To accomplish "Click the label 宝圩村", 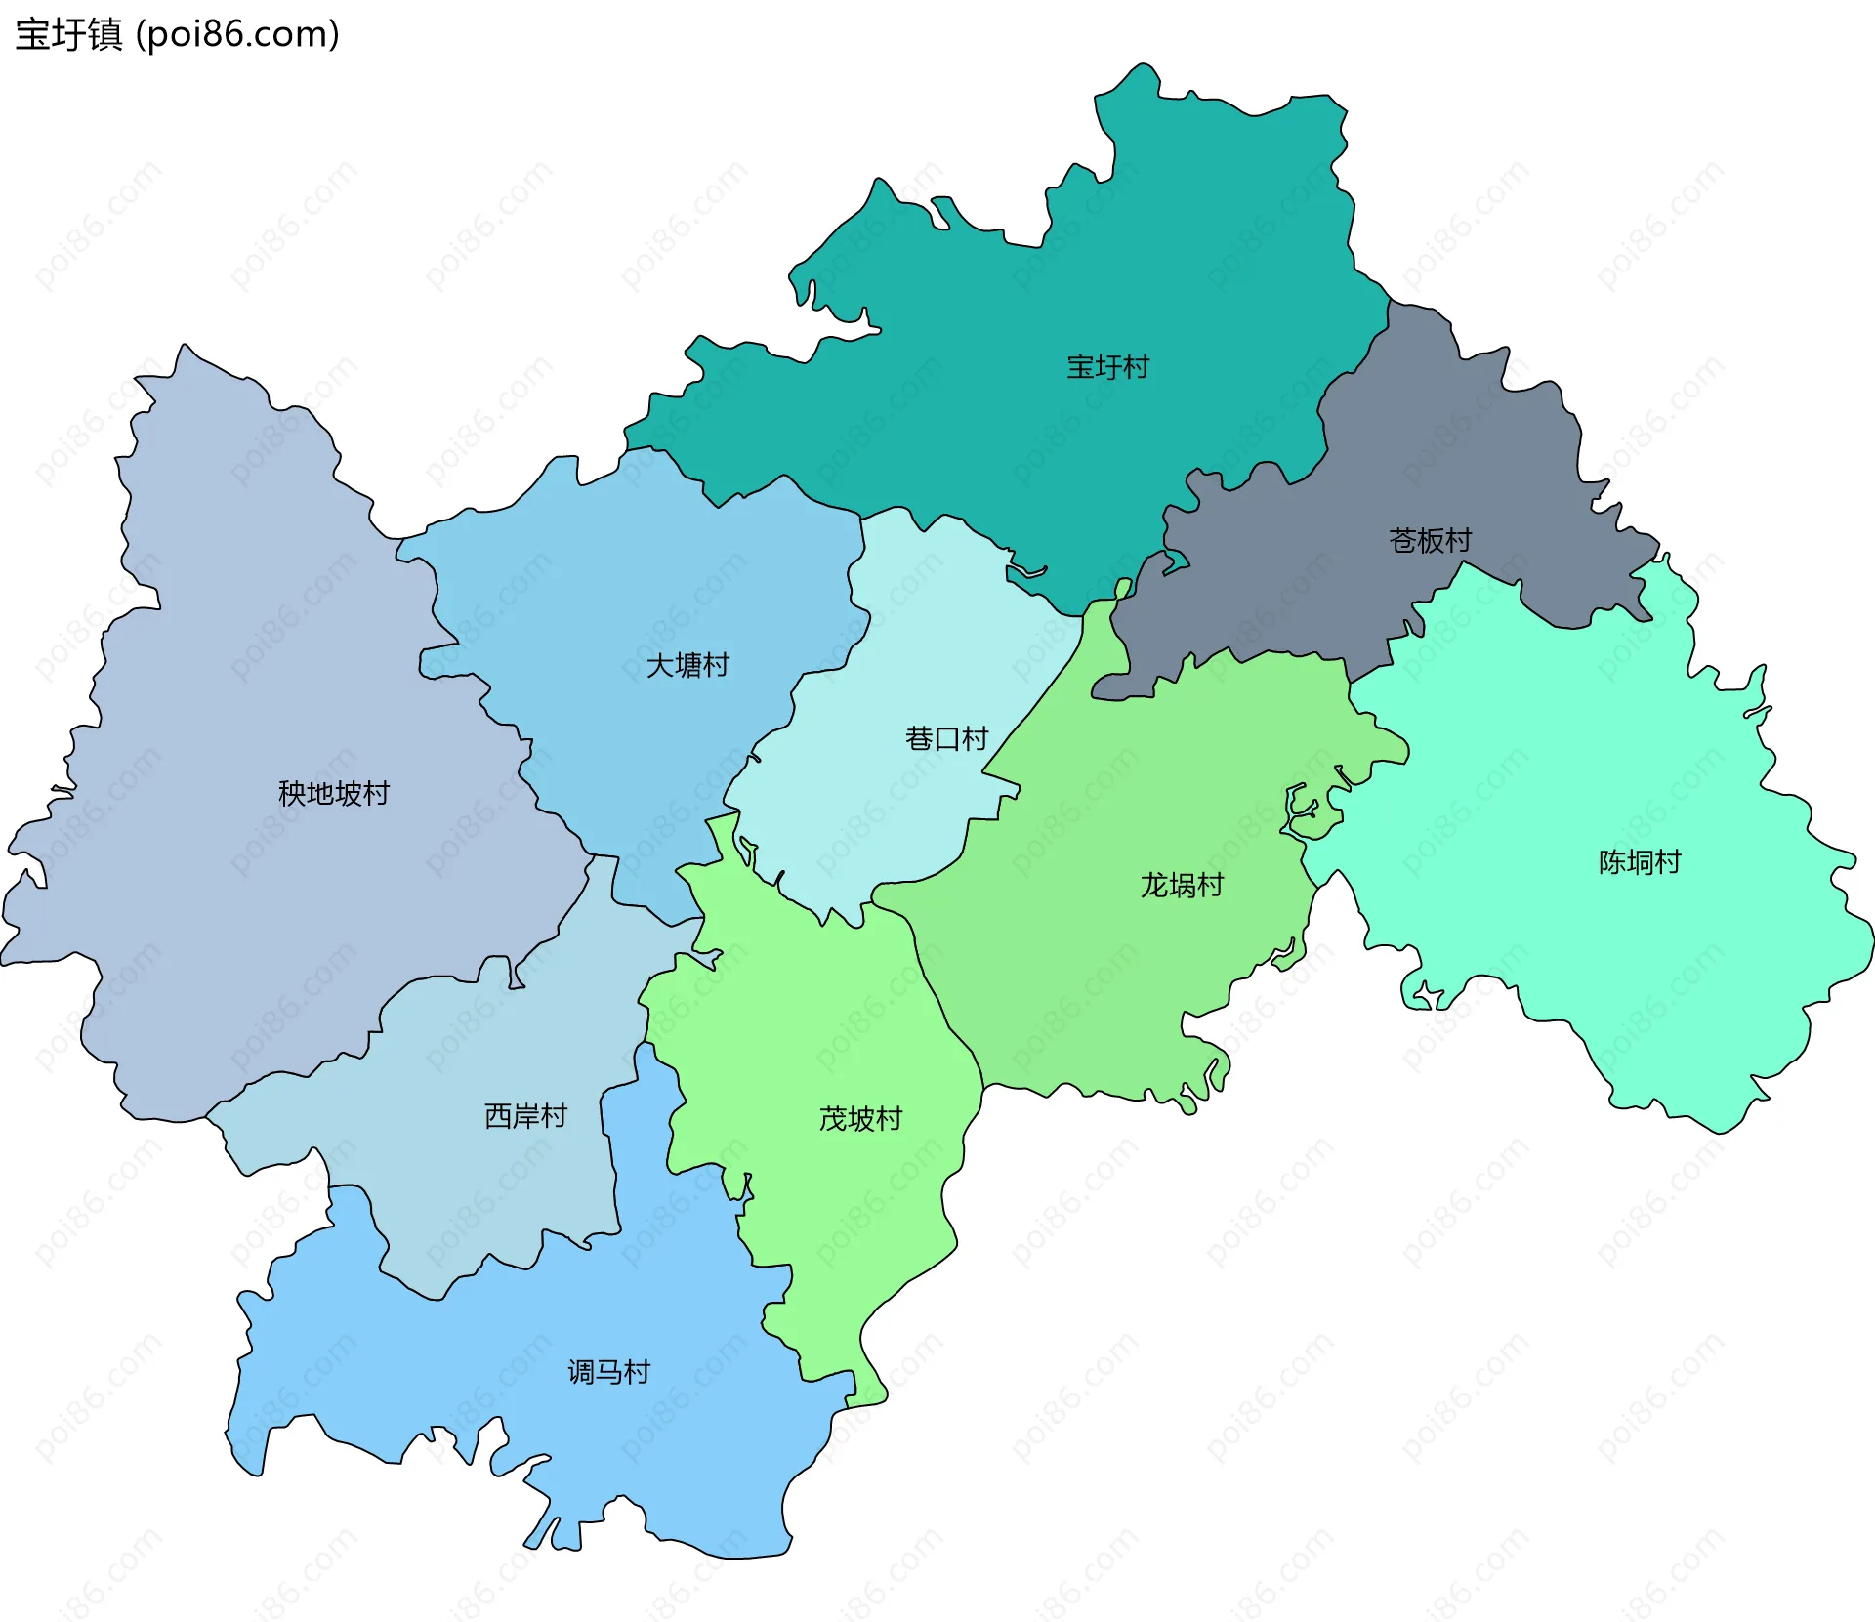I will pyautogui.click(x=1107, y=367).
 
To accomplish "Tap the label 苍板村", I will pyautogui.click(x=1430, y=540).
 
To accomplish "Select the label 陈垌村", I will pyautogui.click(x=1639, y=862).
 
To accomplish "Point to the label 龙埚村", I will pyautogui.click(x=1182, y=885).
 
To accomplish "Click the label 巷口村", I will pyautogui.click(x=946, y=738).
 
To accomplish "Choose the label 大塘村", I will pyautogui.click(x=687, y=665).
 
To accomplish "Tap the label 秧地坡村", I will pyautogui.click(x=333, y=793).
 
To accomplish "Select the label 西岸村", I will pyautogui.click(x=525, y=1115).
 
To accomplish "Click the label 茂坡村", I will pyautogui.click(x=860, y=1118).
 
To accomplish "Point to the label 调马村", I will pyautogui.click(x=608, y=1372).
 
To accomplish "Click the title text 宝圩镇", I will pyautogui.click(x=68, y=34).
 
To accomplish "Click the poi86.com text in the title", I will pyautogui.click(x=237, y=34).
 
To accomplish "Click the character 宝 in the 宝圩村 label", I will pyautogui.click(x=1080, y=367).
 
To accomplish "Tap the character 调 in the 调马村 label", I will pyautogui.click(x=581, y=1372).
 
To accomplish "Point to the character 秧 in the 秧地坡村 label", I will pyautogui.click(x=292, y=793).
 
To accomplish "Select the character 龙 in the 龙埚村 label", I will pyautogui.click(x=1154, y=885).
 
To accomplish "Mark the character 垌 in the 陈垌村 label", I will pyautogui.click(x=1640, y=862).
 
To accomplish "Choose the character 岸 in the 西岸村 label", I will pyautogui.click(x=525, y=1115).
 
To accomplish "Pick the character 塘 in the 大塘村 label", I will pyautogui.click(x=687, y=665).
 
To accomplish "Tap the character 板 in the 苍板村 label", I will pyautogui.click(x=1431, y=540).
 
